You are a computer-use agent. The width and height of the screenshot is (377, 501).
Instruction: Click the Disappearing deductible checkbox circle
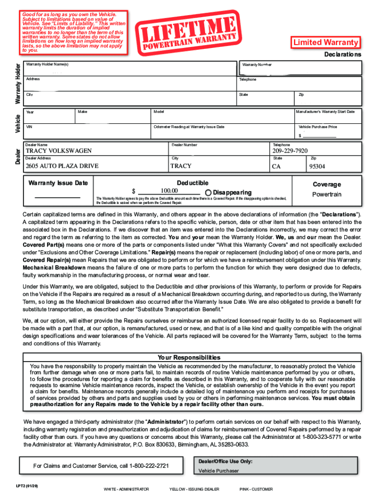[209, 192]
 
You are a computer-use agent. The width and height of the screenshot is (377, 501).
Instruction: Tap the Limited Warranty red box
[326, 43]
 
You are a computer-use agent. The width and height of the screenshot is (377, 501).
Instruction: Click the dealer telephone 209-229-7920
[290, 151]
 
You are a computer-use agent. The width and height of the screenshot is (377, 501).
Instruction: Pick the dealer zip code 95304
[317, 166]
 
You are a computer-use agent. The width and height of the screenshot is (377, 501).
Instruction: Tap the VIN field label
[29, 127]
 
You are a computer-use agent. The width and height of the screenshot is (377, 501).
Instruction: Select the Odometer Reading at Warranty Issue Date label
[188, 127]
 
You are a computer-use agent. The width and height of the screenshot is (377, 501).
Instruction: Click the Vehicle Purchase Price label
[318, 127]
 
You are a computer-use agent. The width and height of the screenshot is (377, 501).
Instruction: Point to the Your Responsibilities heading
[188, 358]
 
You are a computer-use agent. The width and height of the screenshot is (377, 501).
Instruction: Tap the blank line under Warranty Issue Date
[58, 197]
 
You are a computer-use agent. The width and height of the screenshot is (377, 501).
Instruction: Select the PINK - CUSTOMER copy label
[256, 489]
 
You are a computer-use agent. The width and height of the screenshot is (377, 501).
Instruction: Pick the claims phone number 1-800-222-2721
[149, 466]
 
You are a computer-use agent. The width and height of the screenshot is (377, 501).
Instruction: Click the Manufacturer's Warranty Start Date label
[325, 112]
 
